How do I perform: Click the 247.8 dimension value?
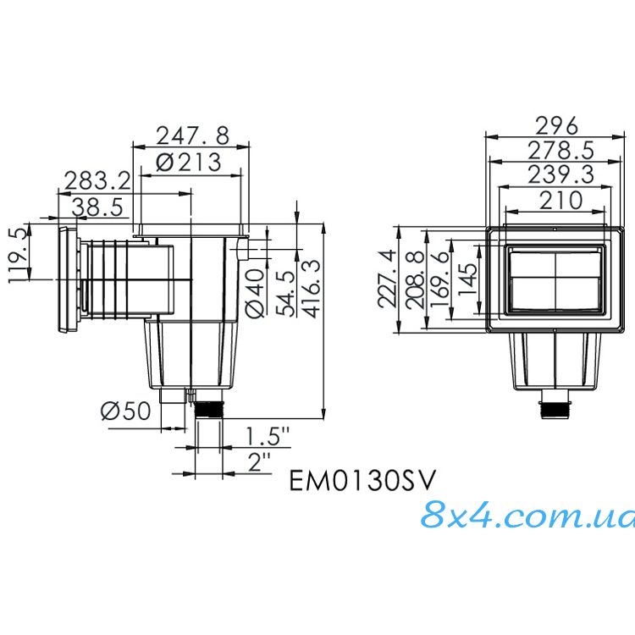[193, 135]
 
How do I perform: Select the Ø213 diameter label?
[189, 162]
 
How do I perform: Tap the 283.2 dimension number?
[97, 181]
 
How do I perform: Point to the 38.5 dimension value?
[97, 207]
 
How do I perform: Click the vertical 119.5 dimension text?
[19, 255]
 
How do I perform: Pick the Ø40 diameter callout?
[256, 293]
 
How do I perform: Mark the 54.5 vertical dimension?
[285, 293]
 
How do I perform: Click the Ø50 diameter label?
[125, 411]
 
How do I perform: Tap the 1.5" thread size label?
[268, 437]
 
